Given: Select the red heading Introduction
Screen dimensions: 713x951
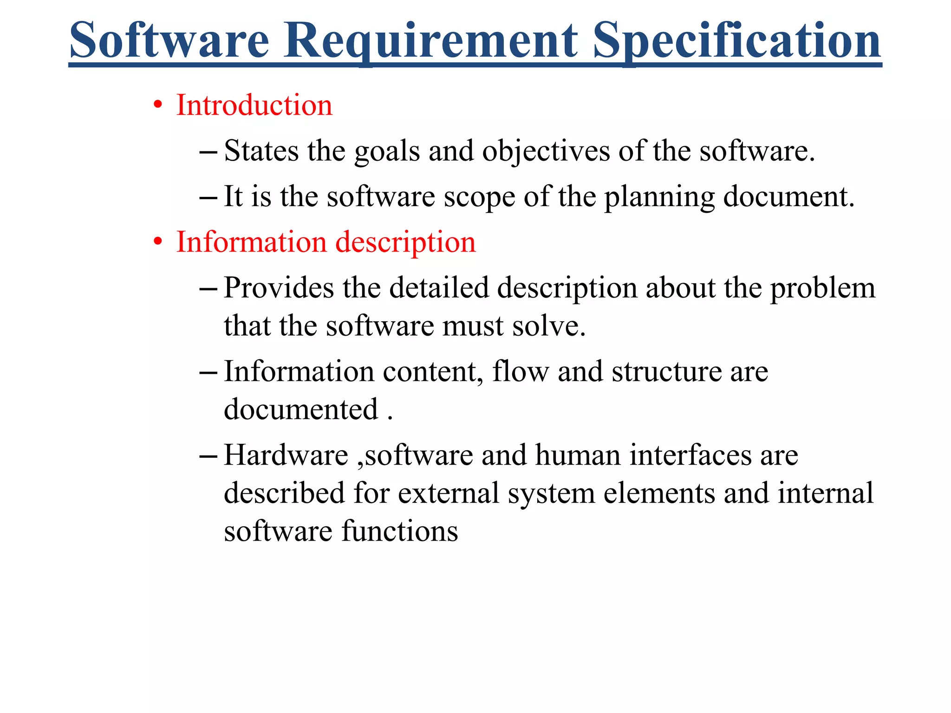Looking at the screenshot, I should [254, 105].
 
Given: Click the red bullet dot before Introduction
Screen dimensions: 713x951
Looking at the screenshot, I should [158, 105].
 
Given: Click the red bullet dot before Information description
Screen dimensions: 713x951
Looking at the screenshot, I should [158, 242].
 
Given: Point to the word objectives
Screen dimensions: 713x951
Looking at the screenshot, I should [546, 152].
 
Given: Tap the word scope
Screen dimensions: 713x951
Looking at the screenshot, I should [479, 197].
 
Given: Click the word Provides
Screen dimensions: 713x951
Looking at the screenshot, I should [279, 288].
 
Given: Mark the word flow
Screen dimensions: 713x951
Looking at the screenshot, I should [520, 371].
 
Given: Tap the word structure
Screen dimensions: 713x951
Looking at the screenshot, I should [666, 372].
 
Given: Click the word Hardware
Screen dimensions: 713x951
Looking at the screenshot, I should [286, 455].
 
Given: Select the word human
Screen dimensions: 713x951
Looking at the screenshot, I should [578, 455].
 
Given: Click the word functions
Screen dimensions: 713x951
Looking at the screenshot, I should [400, 531].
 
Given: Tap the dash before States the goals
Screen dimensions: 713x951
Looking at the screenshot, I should [208, 152].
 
